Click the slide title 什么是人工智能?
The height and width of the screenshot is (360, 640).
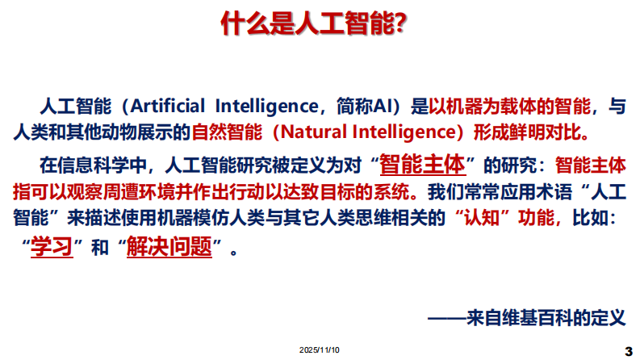coord(314,24)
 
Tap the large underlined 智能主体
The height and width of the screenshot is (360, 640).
coord(422,165)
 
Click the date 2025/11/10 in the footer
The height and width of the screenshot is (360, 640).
coord(320,350)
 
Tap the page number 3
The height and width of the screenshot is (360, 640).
coord(629,350)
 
